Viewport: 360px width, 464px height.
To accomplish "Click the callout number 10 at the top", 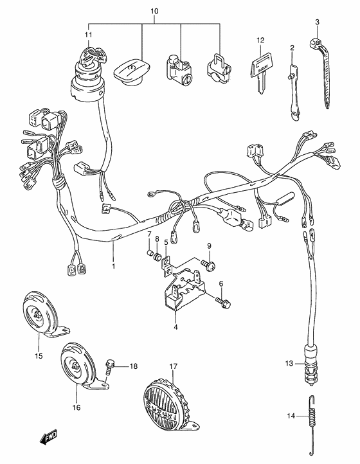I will pyautogui.click(x=154, y=12).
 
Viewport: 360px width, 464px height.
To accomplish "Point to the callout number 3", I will pyautogui.click(x=318, y=22).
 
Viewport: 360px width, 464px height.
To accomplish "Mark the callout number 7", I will pyautogui.click(x=148, y=233).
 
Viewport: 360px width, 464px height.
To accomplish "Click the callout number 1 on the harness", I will pyautogui.click(x=113, y=265).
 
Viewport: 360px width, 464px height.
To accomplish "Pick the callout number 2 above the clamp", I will pyautogui.click(x=292, y=48).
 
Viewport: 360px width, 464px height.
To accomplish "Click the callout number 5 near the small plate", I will pyautogui.click(x=165, y=242).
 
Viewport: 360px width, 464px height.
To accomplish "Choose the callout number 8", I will pyautogui.click(x=157, y=238).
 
